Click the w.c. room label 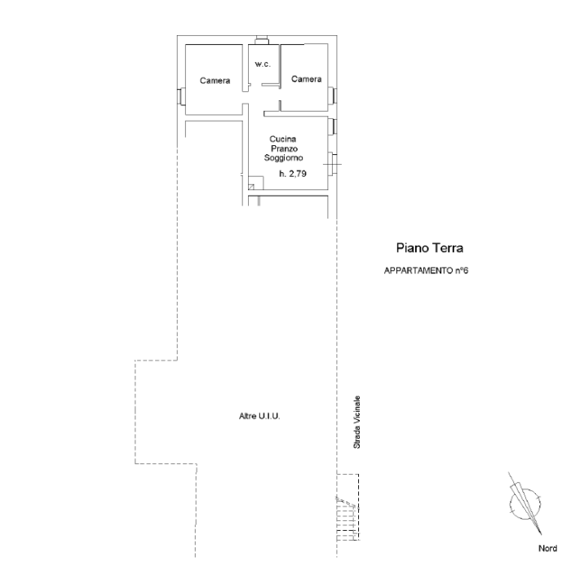pos(263,64)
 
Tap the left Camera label pos(215,81)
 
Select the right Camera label pos(306,79)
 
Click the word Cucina pos(282,139)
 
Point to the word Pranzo pos(284,148)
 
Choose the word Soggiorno pos(283,158)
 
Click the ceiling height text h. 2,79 pos(293,174)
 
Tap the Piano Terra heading pos(430,248)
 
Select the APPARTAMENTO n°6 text pos(426,271)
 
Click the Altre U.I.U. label pos(259,416)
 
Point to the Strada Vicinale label pos(357,422)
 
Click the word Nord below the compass pos(547,548)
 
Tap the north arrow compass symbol pos(525,503)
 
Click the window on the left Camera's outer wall pos(181,96)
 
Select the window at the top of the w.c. pos(262,40)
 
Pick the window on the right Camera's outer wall pos(333,95)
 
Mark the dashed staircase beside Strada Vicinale pos(347,507)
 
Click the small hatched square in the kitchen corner pos(251,187)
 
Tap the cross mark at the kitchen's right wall pos(332,164)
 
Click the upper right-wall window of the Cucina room pos(333,126)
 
